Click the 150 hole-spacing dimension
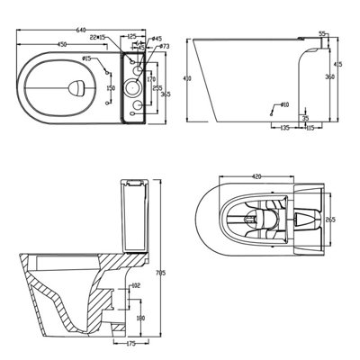[x=111, y=87]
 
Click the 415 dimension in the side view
[x=338, y=65]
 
